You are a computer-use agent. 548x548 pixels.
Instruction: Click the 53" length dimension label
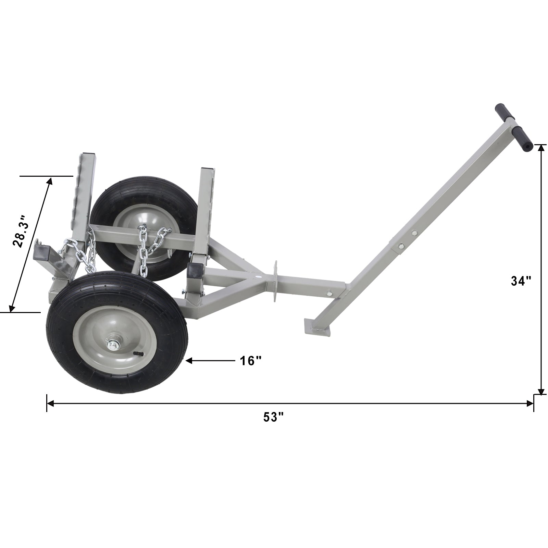[274, 417]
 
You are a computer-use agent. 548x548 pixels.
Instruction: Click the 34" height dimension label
[521, 281]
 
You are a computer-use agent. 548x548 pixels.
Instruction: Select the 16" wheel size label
[250, 361]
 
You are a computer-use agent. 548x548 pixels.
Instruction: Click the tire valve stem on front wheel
[136, 353]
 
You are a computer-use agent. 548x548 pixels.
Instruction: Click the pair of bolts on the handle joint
[408, 239]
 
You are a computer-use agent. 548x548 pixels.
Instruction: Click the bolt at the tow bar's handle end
[329, 293]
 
